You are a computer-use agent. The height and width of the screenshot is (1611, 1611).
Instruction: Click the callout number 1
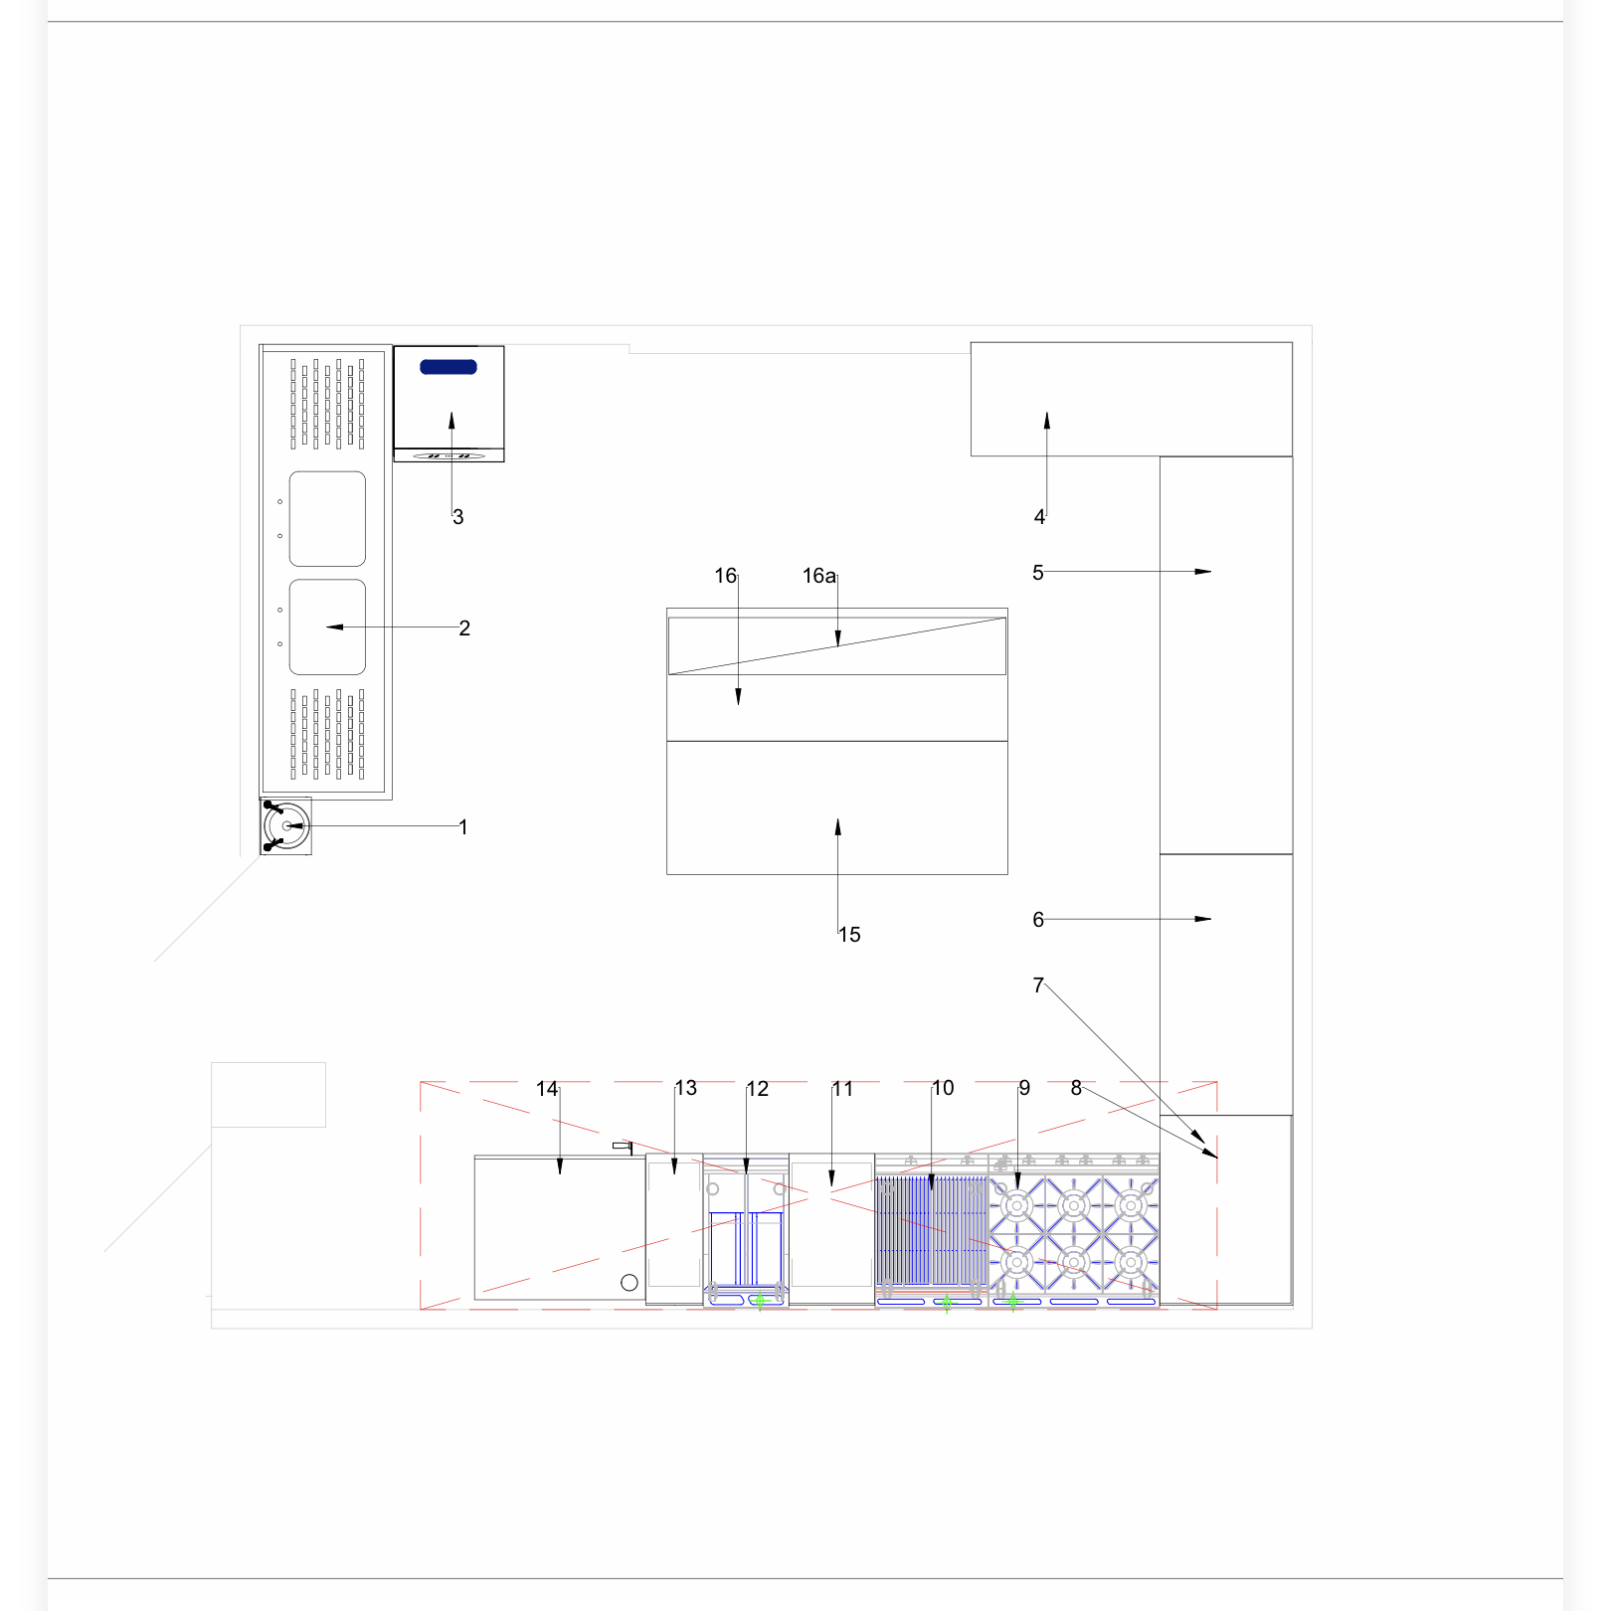coord(463,826)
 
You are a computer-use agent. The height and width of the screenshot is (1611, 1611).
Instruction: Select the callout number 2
coord(464,628)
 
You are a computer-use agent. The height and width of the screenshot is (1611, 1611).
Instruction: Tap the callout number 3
coord(458,517)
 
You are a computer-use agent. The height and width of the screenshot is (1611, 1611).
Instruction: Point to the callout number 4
coord(1039,517)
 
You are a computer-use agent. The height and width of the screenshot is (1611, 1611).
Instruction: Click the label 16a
coord(819,576)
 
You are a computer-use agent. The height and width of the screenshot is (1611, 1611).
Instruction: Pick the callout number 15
coord(849,935)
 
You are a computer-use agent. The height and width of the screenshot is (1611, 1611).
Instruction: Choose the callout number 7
coord(1038,985)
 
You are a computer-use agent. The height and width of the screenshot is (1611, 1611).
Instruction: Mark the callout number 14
coord(547,1089)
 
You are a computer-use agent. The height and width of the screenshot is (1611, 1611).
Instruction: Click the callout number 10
coord(943,1088)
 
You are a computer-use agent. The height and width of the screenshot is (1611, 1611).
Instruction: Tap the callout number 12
coord(758,1089)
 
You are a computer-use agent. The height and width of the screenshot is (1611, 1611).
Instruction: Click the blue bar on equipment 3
coord(448,367)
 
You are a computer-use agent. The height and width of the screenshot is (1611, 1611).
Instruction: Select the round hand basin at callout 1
coord(286,825)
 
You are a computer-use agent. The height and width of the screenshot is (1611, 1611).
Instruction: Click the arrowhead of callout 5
coord(1203,572)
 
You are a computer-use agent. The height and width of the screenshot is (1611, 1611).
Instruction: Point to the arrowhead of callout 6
coord(1203,919)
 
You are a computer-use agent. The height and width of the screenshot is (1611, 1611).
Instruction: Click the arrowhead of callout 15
coord(837,827)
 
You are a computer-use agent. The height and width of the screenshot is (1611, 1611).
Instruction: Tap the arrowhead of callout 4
coord(1046,422)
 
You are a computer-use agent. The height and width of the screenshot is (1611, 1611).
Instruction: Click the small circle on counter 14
coord(629,1283)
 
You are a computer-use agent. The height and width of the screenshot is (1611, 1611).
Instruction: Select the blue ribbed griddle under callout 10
coord(932,1231)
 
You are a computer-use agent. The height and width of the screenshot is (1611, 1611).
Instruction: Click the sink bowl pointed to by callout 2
coord(327,627)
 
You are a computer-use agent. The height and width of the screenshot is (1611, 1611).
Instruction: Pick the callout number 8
coord(1076,1088)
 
